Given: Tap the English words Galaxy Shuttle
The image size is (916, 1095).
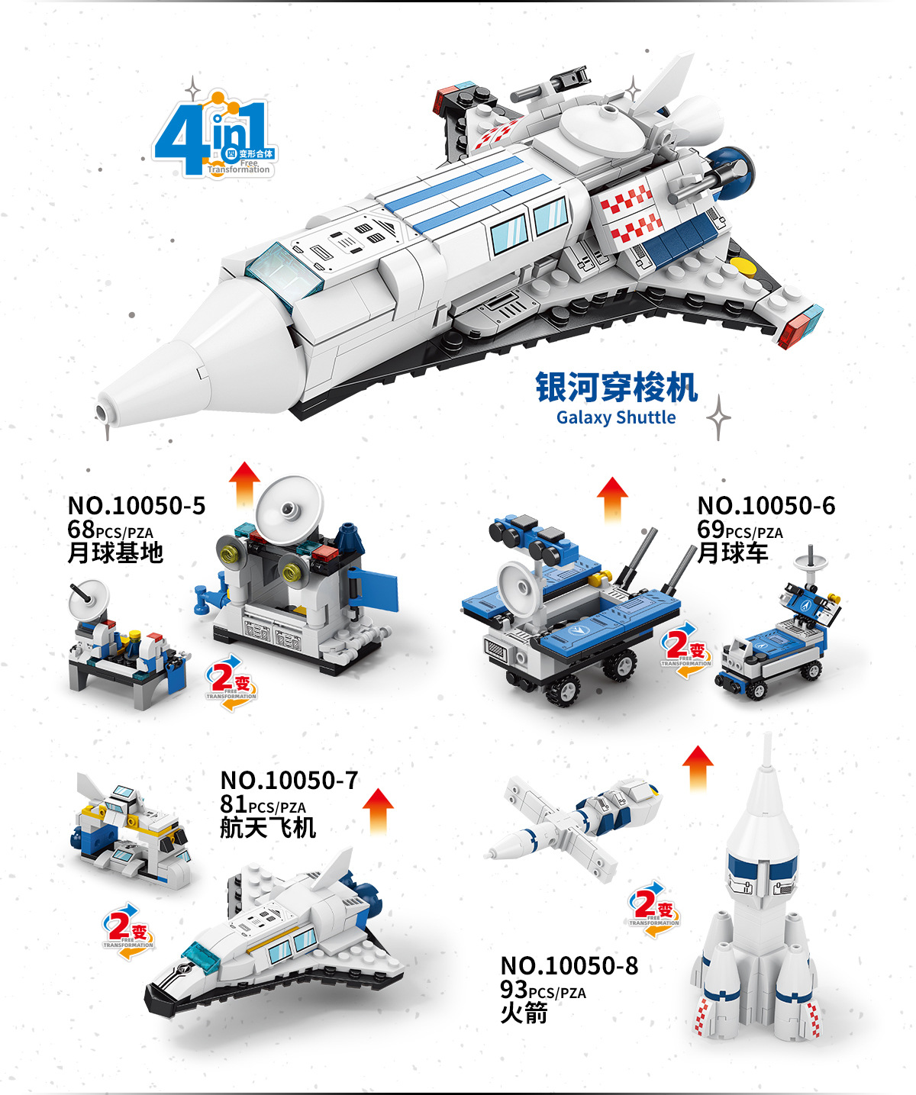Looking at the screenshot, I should pos(616,417).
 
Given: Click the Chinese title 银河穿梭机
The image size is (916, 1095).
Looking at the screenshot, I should pos(616,387).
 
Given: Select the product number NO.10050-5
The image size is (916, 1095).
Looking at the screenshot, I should pos(137,506).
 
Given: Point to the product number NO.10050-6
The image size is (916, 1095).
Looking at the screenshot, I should pos(766,506).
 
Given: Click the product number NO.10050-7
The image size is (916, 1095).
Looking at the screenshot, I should pos(289,781).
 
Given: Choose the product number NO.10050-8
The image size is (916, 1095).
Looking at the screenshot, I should pos(569,966).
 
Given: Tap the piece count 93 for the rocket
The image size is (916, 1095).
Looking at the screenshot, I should pos(514,990).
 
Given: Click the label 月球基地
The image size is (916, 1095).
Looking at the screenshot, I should pos(115,552).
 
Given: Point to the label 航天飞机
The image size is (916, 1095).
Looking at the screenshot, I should pos(268,827).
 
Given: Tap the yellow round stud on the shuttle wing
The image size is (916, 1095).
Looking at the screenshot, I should pos(742,266).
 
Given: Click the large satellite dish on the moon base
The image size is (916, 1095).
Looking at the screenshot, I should pos(289,507).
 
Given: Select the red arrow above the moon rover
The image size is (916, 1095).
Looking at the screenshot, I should pos(612,499).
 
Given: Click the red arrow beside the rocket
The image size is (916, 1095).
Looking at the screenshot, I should pos(698,766).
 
